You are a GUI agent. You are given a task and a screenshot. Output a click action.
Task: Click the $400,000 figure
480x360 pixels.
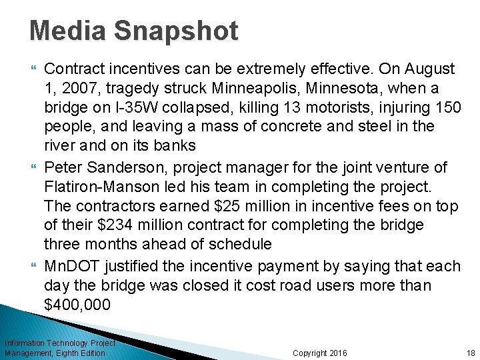click(x=77, y=305)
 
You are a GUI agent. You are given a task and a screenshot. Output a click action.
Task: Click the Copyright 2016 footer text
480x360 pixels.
click(x=320, y=353)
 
